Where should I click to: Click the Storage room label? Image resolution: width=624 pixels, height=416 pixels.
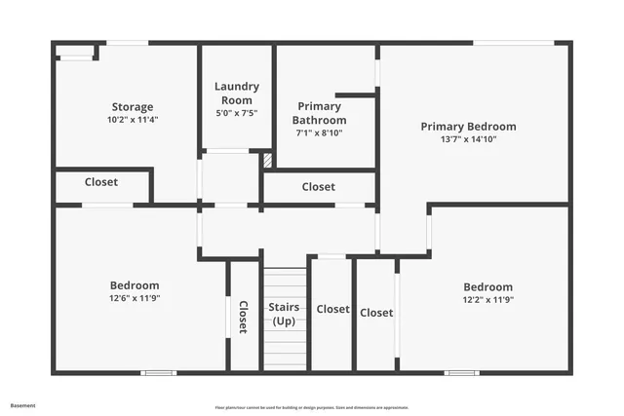(132, 107)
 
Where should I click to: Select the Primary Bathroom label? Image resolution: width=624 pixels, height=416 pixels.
(319, 113)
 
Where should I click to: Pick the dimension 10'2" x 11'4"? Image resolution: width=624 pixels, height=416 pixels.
(132, 120)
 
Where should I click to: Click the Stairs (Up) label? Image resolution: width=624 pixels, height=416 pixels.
(284, 314)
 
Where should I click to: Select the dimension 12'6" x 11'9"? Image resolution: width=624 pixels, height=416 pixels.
(134, 298)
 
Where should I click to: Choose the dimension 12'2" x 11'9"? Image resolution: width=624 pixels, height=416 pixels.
(487, 299)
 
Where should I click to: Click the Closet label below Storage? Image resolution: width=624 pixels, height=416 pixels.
(101, 182)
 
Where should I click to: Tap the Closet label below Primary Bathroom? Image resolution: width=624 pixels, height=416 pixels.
(318, 187)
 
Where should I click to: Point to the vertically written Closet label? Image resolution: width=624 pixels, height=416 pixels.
(243, 316)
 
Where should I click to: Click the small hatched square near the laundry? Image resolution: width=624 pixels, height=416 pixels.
(267, 161)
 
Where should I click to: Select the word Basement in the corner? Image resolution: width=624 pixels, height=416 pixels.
(22, 405)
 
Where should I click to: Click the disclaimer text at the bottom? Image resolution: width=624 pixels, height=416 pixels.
(311, 407)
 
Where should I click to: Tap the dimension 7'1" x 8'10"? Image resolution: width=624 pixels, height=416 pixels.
(319, 133)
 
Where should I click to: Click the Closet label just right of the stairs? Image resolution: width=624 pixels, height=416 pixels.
(332, 309)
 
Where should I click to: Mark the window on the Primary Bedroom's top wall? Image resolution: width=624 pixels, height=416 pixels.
(513, 42)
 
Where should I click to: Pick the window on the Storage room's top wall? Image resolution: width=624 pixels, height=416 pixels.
(127, 42)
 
